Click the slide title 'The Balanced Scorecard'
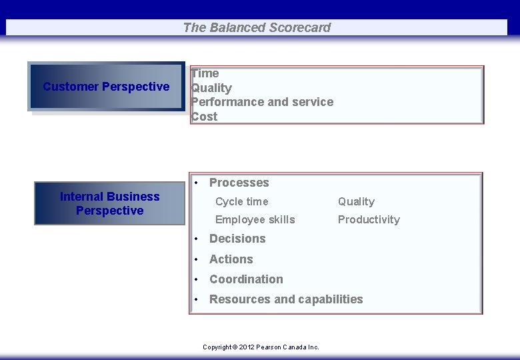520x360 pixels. (x=257, y=27)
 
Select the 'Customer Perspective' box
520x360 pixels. (x=106, y=87)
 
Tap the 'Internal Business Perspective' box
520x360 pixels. (x=109, y=203)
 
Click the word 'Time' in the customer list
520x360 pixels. (x=205, y=73)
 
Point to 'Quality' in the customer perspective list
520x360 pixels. (x=211, y=88)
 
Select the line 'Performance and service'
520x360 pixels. (x=262, y=102)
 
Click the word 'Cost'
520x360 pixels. (x=205, y=117)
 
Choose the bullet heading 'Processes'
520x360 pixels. (x=239, y=183)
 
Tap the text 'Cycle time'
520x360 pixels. (x=241, y=201)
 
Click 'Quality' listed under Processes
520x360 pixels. (x=356, y=201)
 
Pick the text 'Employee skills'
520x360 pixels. (x=255, y=219)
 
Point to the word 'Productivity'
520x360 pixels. (x=369, y=219)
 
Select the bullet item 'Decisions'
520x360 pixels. (x=237, y=239)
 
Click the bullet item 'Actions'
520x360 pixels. (x=231, y=259)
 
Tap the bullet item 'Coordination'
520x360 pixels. (x=246, y=279)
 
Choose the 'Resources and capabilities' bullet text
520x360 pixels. (x=286, y=299)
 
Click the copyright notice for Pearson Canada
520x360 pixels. (x=261, y=347)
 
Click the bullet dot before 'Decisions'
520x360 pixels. (x=197, y=239)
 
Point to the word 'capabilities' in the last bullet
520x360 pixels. (x=330, y=299)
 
